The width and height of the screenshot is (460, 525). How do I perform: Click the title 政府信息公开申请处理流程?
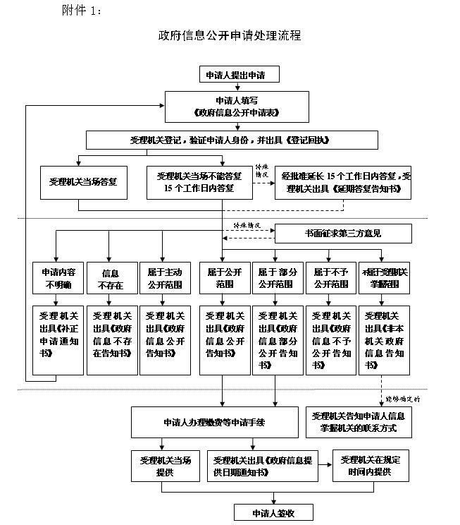(x=230, y=35)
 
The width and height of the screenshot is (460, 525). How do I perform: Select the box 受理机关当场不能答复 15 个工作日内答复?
(x=199, y=182)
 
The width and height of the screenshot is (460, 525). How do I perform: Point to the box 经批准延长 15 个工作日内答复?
(x=343, y=182)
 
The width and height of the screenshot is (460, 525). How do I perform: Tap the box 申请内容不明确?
(x=55, y=278)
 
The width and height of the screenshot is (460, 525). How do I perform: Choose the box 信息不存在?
(x=110, y=278)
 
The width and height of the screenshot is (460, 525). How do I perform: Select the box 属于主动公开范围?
(x=163, y=278)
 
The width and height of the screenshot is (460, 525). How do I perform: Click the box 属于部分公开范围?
(x=275, y=278)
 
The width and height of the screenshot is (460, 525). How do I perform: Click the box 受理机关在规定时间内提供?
(x=371, y=465)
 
